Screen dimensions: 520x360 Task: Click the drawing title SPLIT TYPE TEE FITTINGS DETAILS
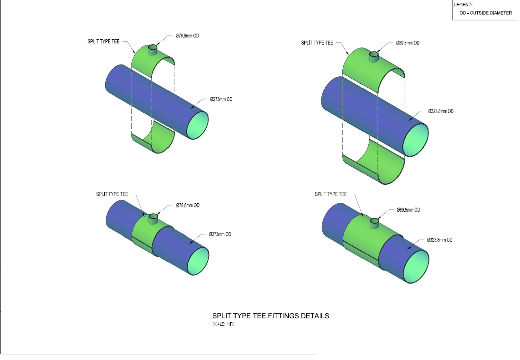[x=271, y=315]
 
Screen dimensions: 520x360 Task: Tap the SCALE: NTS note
[x=224, y=324]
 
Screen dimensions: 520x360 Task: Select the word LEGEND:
[x=463, y=5]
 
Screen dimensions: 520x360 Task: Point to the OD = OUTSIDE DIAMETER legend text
[x=485, y=13]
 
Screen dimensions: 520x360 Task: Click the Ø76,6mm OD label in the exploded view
[x=187, y=36]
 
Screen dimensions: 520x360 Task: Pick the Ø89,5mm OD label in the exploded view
[x=408, y=43]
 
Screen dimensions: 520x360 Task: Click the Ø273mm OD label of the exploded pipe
[x=221, y=99]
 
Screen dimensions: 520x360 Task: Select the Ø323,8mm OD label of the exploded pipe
[x=441, y=111]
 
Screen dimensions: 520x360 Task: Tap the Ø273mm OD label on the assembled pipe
[x=220, y=234]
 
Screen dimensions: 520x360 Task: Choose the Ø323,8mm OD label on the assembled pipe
[x=440, y=240]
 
